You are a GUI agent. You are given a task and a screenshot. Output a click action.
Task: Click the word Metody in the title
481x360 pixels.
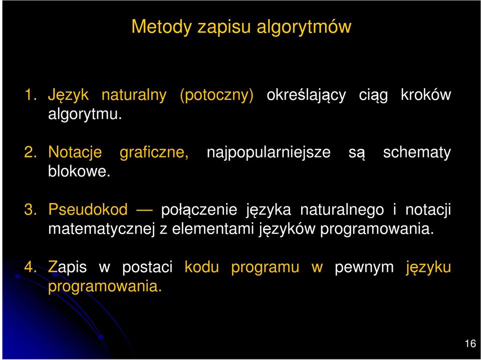[x=161, y=27]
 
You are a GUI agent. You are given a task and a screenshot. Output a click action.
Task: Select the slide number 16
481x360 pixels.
[x=470, y=344]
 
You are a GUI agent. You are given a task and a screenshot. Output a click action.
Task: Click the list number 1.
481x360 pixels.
[x=30, y=95]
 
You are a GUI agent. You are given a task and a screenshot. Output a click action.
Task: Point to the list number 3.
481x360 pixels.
[x=30, y=210]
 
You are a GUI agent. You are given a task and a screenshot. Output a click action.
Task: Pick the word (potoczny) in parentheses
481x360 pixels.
[x=216, y=95]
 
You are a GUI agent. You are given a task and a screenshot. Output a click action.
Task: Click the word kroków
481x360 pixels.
[x=426, y=95]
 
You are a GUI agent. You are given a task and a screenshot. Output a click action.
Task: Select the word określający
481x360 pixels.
[x=306, y=95]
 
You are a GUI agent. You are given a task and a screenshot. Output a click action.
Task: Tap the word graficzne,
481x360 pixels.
[x=154, y=152]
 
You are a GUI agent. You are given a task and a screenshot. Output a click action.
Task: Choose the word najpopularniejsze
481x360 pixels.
[x=269, y=152]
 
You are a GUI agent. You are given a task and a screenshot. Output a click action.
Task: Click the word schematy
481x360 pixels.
[x=417, y=152]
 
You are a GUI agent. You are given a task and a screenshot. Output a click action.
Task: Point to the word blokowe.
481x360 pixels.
[x=79, y=171]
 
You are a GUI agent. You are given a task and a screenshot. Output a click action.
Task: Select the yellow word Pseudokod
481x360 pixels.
[x=88, y=210]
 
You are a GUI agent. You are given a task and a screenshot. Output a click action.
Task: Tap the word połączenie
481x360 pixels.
[x=199, y=210]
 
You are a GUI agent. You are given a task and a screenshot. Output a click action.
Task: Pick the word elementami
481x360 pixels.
[x=213, y=229]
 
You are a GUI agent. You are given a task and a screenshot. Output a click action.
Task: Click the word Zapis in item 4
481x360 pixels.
[x=67, y=267]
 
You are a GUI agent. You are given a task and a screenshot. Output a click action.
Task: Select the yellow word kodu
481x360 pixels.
[x=201, y=267]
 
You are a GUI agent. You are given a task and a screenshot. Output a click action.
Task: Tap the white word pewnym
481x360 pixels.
[x=364, y=268]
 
